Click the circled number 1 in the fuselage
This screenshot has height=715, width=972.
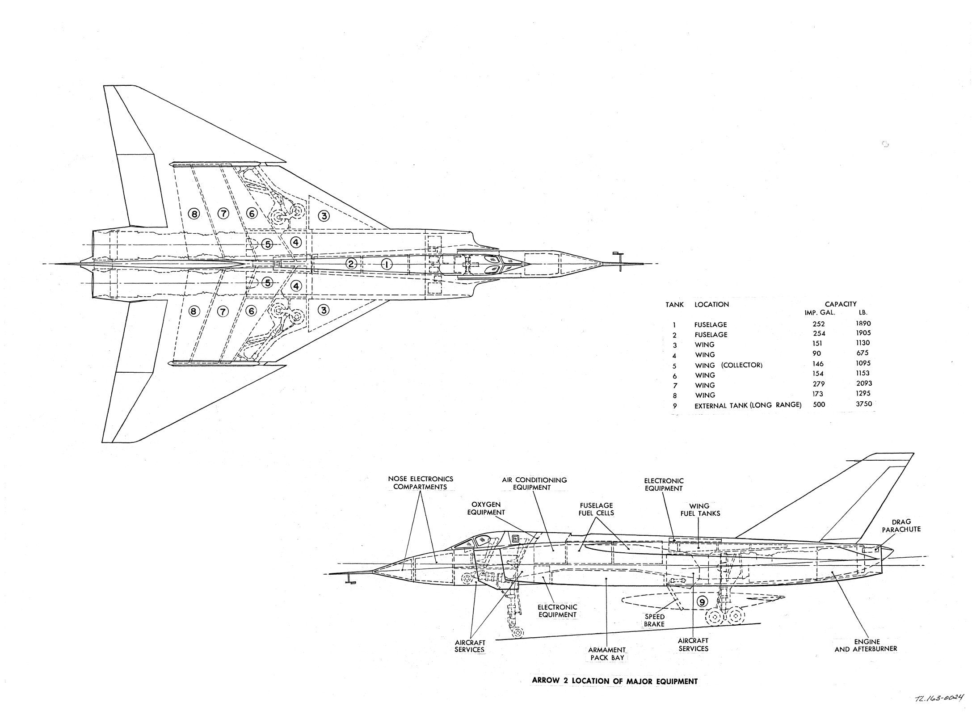[x=387, y=264]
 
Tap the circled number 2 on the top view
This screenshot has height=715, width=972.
[x=352, y=264]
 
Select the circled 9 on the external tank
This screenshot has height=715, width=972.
[x=702, y=602]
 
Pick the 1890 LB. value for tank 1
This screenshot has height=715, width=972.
[x=863, y=324]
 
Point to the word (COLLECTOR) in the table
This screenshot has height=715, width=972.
[x=742, y=365]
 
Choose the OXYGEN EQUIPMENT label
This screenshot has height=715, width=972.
[x=486, y=508]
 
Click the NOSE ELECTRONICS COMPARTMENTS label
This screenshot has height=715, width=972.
[x=420, y=483]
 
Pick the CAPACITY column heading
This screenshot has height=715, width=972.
[x=840, y=304]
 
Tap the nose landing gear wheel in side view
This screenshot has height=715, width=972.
[x=518, y=632]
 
